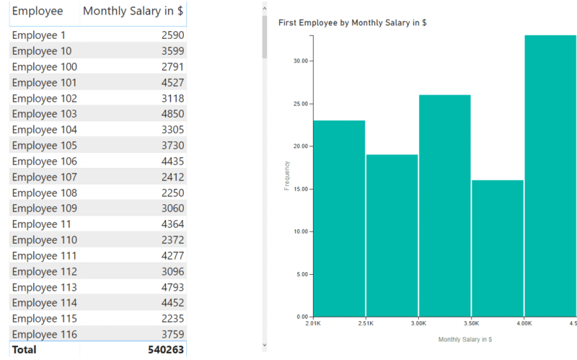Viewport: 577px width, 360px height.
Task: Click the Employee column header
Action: coord(38,11)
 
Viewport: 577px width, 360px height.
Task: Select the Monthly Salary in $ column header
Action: coord(133,11)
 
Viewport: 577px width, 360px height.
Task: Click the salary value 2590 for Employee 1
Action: coord(172,35)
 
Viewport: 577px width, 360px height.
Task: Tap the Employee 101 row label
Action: coord(44,83)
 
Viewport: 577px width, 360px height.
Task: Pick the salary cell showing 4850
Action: coord(172,114)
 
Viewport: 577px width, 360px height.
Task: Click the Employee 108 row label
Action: coord(44,193)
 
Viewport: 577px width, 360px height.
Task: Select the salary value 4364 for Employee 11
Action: coord(172,224)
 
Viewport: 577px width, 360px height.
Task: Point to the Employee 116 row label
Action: coord(44,334)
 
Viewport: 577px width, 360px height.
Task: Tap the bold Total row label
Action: coord(25,350)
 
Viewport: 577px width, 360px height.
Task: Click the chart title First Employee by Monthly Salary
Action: coord(352,23)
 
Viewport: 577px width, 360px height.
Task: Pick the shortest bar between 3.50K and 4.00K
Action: coord(498,248)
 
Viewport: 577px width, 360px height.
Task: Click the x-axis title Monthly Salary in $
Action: coord(464,338)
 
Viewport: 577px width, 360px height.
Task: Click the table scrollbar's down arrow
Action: coord(265,345)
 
